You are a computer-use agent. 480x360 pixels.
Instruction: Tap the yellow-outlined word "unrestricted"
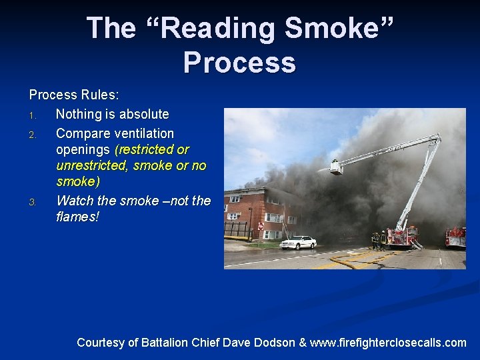[93, 165]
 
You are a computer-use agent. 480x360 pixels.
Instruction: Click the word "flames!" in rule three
[77, 217]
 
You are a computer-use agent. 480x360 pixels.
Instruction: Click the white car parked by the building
[298, 242]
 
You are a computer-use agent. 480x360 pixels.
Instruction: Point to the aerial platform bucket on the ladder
[336, 167]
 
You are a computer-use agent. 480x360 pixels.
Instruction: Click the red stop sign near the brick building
[260, 227]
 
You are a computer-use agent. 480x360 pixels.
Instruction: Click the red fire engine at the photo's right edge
[456, 236]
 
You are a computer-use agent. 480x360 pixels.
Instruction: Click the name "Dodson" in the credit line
[271, 343]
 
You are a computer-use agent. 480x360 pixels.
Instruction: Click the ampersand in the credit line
[303, 343]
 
